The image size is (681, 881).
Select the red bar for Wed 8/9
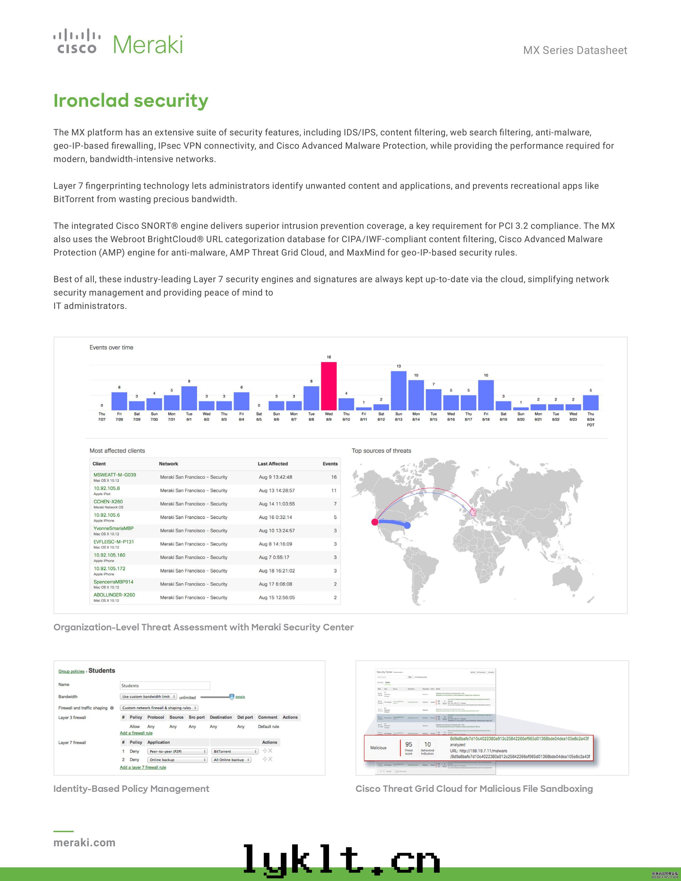(329, 386)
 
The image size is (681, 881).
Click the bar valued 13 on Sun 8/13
(399, 391)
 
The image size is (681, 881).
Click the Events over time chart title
(111, 347)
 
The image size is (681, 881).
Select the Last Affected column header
(273, 464)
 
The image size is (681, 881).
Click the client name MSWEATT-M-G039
(115, 475)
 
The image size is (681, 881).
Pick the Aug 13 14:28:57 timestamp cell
(277, 490)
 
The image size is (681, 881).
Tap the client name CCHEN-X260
(108, 501)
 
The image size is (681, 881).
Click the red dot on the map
(375, 522)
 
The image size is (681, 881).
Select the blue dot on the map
(408, 525)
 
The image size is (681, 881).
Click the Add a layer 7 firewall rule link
(143, 767)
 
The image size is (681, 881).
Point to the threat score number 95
(409, 744)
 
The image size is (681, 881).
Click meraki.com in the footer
(84, 843)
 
